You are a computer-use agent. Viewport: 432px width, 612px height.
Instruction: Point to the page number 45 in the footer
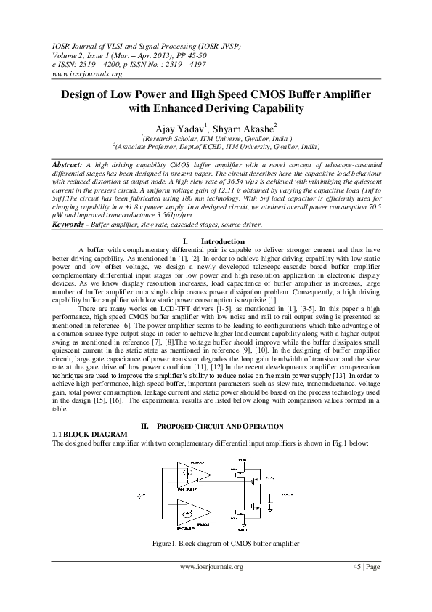point(356,566)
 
